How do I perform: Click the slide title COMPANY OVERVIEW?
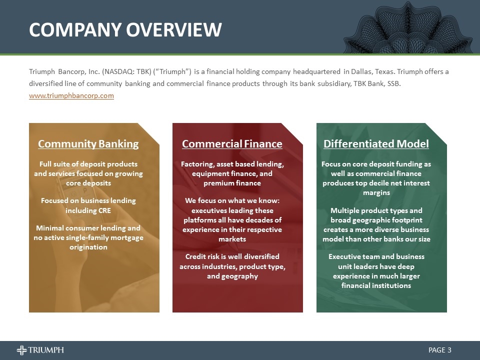[x=125, y=29]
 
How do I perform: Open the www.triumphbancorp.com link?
[x=71, y=95]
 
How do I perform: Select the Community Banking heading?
[x=88, y=144]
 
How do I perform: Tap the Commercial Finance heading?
[x=232, y=144]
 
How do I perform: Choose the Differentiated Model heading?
[x=376, y=144]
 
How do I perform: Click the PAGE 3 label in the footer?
[x=440, y=350]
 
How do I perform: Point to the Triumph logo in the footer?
[x=40, y=350]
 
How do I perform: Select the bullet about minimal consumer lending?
[x=88, y=237]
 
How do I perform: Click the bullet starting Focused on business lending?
[x=88, y=205]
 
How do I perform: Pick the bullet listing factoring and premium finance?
[x=232, y=173]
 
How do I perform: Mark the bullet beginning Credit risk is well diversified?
[x=232, y=266]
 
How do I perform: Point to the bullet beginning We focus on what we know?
[x=232, y=220]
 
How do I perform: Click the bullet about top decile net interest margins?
[x=376, y=178]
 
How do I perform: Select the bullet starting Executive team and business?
[x=376, y=271]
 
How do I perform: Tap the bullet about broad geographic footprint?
[x=376, y=224]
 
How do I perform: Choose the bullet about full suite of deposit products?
[x=88, y=173]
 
